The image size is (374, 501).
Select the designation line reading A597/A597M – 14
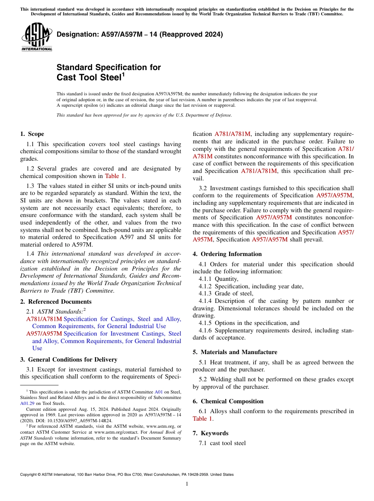pyautogui.click(x=140, y=34)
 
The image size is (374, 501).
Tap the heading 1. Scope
pyautogui.click(x=32, y=134)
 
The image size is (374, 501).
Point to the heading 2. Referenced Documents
pyautogui.click(x=56, y=302)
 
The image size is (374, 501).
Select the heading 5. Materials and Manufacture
pyautogui.click(x=235, y=352)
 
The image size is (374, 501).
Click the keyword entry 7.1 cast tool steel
pyautogui.click(x=222, y=443)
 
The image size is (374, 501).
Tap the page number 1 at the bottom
pyautogui.click(x=187, y=484)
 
